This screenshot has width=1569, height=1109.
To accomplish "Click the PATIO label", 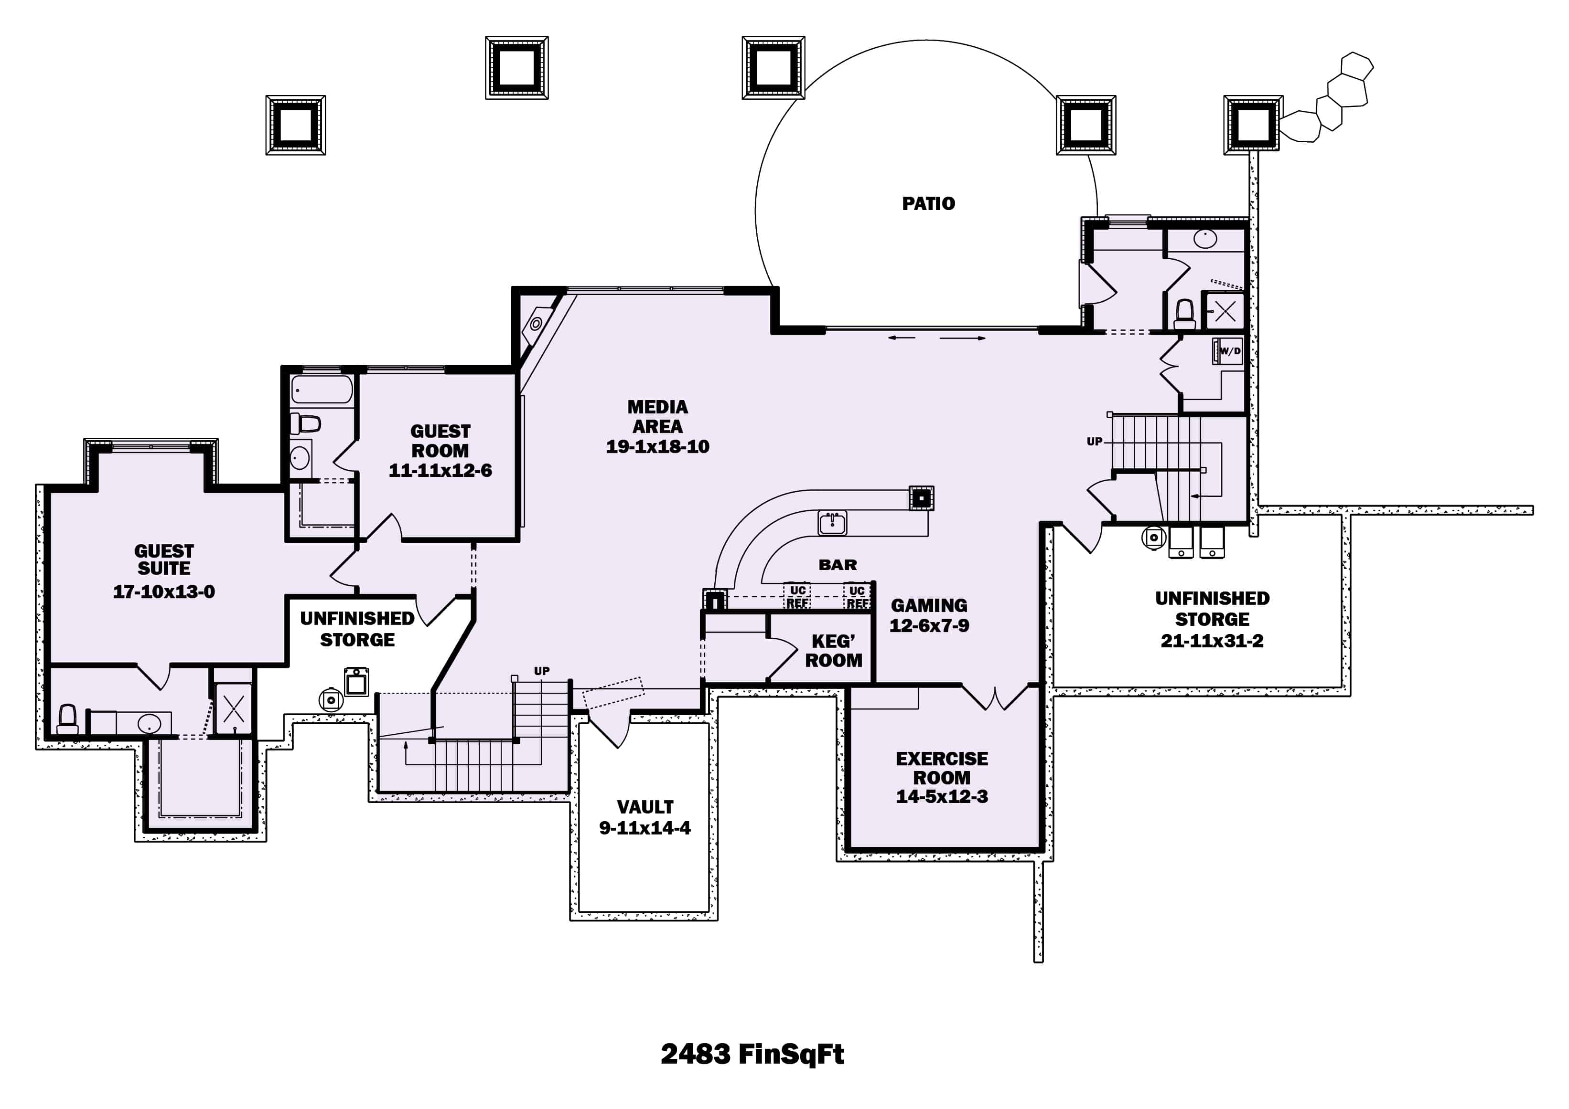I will (x=928, y=203).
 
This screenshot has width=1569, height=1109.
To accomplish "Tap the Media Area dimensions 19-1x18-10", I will (x=657, y=446).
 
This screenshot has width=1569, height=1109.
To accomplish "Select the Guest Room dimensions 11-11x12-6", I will (x=440, y=471).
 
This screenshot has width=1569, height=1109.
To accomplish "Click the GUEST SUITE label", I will (x=164, y=560).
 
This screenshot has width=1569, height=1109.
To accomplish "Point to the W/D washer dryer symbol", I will (x=1228, y=351).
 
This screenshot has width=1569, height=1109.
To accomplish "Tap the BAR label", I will (x=837, y=565).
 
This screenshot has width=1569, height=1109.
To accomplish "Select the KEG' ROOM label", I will (x=833, y=651).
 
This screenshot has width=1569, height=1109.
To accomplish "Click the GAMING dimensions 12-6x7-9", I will (x=929, y=625).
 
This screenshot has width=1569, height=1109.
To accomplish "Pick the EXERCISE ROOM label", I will (x=942, y=768).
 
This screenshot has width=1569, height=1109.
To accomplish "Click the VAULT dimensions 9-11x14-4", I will (x=645, y=828).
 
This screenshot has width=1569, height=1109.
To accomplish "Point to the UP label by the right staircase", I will (x=1094, y=442).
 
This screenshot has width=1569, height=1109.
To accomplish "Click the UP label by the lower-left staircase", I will (x=541, y=671).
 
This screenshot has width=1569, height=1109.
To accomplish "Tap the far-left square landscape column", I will (x=295, y=125).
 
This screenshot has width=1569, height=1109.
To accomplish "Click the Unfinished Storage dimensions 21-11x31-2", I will (x=1212, y=641).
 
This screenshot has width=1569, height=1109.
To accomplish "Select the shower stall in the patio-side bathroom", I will (x=1225, y=311).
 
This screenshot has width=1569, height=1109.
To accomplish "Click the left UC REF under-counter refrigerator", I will (x=797, y=596).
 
